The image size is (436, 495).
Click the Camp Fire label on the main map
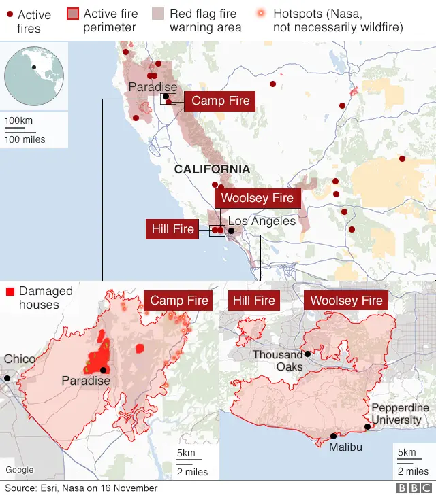point(220,101)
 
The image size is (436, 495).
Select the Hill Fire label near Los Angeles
point(173,229)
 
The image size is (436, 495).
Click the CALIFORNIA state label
point(212,169)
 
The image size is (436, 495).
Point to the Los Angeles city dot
point(231,231)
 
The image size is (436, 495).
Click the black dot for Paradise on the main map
point(166,97)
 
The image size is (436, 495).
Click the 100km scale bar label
point(19,120)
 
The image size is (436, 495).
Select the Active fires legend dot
point(9,14)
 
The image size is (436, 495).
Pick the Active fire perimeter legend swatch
point(74,14)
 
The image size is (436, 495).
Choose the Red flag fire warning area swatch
point(158,14)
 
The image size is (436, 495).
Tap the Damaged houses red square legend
point(10,292)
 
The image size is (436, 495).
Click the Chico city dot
point(7,378)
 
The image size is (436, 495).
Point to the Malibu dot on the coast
point(333,437)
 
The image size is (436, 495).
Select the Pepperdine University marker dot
point(367,427)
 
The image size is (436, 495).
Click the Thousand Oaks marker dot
point(307,354)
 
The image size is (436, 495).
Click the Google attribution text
point(20,470)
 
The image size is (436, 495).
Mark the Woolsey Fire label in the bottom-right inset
point(346,301)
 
